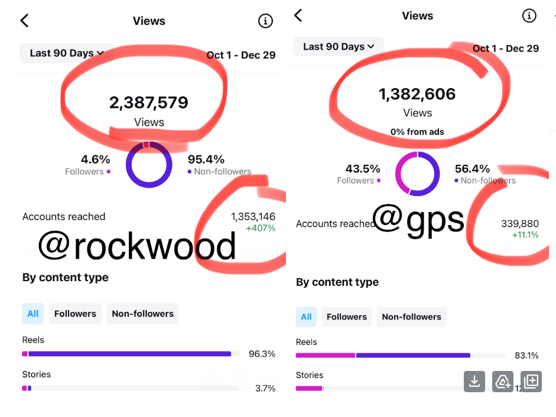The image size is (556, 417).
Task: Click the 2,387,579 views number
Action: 149,103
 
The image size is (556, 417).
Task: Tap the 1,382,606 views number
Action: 417,94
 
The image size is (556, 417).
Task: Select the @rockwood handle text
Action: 137,246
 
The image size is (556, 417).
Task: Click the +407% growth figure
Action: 261,228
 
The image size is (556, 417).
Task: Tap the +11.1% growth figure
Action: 525,235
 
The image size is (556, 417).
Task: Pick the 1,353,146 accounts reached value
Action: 253,217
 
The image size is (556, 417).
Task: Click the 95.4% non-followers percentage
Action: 206,159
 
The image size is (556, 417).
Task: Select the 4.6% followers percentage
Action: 96,159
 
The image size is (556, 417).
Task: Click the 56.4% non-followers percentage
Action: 473,169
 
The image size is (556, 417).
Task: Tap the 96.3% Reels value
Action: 262,354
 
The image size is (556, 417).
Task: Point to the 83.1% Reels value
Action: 526,356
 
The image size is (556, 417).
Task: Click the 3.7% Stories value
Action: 265,389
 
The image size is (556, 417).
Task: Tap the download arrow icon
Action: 474,382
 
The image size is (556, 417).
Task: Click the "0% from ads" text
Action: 417,132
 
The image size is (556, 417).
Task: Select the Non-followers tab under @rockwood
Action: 142,314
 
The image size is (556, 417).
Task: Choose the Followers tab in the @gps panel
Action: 347,317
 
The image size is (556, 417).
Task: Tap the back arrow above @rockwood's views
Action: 24,21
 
